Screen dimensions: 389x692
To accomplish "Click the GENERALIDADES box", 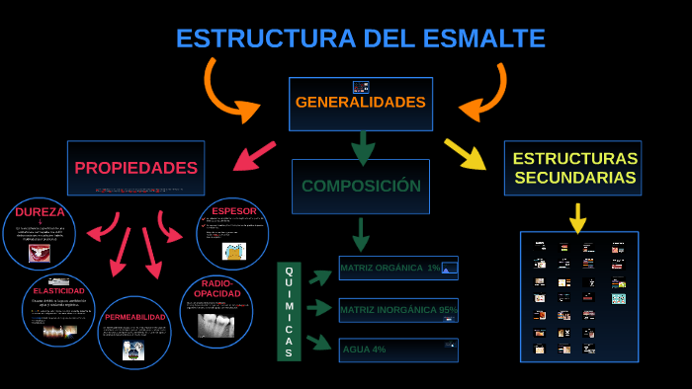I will pyautogui.click(x=360, y=104).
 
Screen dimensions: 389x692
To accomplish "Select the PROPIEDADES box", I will pyautogui.click(x=136, y=168).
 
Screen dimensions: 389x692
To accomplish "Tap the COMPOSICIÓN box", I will pyautogui.click(x=361, y=186).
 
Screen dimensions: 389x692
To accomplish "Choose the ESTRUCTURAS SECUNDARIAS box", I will pyautogui.click(x=573, y=168).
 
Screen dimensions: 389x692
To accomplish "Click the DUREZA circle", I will pyautogui.click(x=40, y=234).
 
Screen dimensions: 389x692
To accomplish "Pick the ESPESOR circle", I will pyautogui.click(x=233, y=234).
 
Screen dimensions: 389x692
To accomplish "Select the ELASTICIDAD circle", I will pyautogui.click(x=58, y=310).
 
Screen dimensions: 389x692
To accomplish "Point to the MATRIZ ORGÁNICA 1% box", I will pyautogui.click(x=398, y=268).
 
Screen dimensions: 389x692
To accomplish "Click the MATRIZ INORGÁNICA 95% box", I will pyautogui.click(x=398, y=310).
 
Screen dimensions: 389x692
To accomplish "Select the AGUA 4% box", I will pyautogui.click(x=398, y=350).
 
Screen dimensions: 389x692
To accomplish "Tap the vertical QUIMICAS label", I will pyautogui.click(x=289, y=311).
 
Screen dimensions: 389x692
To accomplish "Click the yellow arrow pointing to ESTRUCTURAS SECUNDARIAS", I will pyautogui.click(x=464, y=153).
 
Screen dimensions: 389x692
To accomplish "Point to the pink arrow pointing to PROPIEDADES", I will pyautogui.click(x=254, y=156).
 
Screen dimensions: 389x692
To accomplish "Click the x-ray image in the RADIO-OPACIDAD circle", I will pyautogui.click(x=216, y=325).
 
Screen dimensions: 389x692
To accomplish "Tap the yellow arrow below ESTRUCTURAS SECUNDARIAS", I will pyautogui.click(x=577, y=217).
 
